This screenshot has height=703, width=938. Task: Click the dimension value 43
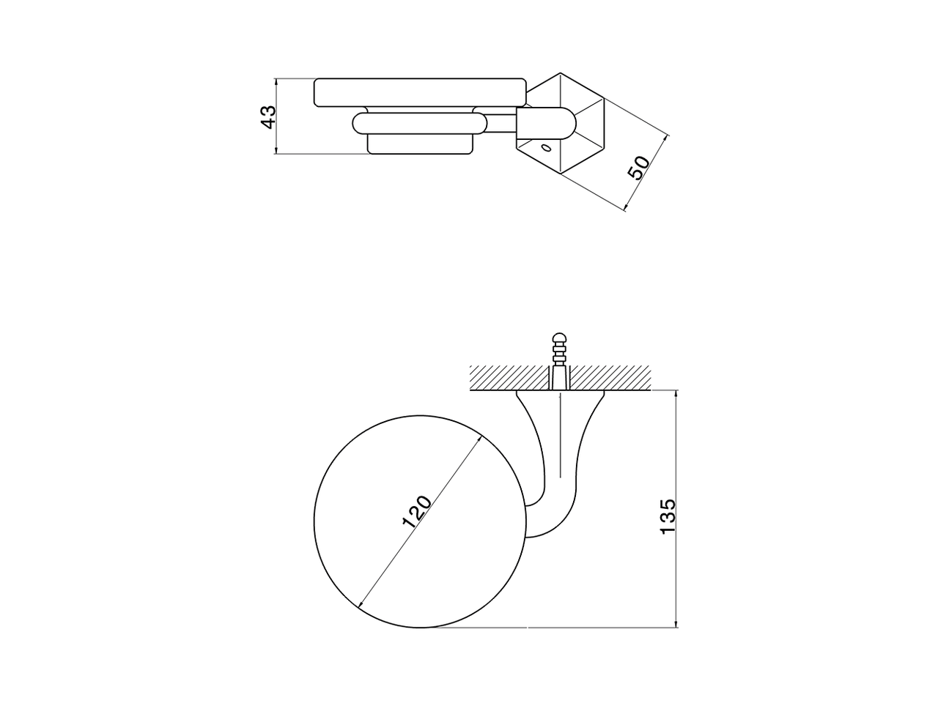click(x=269, y=116)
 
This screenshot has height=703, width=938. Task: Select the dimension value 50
click(x=638, y=168)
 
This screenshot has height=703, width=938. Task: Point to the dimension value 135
click(x=668, y=516)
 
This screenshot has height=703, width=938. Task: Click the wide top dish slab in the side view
click(x=420, y=92)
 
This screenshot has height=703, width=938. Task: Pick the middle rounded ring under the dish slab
click(x=419, y=123)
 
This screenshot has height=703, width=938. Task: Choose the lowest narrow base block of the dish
click(x=420, y=145)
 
